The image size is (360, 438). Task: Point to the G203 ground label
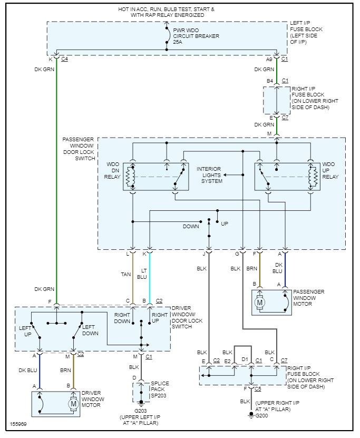141,411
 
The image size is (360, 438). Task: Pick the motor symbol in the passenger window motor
260,303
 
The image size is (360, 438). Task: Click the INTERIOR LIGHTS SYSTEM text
209,175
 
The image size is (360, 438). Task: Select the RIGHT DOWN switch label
122,318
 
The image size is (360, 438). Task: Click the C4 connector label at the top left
64,59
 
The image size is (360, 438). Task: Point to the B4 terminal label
270,81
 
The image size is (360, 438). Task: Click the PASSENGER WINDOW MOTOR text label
309,298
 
